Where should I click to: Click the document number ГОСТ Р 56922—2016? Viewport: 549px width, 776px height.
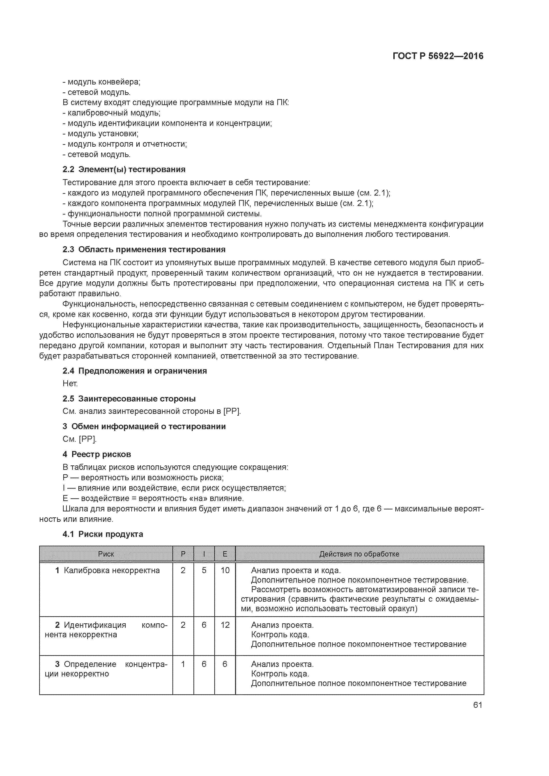(x=438, y=56)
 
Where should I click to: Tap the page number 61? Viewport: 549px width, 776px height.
(x=477, y=705)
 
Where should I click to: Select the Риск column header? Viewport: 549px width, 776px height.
(x=106, y=554)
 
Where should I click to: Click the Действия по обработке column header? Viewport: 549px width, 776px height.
(x=359, y=554)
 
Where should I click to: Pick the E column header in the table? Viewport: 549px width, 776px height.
(x=225, y=554)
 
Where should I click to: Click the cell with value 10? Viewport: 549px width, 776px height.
(x=225, y=570)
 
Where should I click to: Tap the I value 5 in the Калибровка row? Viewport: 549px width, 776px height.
(x=204, y=570)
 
